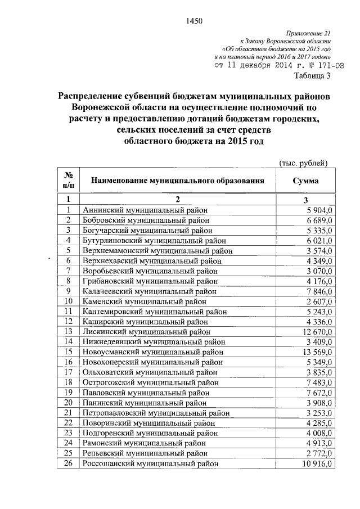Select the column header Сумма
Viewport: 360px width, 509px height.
(305, 181)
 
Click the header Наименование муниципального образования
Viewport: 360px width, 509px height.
(178, 181)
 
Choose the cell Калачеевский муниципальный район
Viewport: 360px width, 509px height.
(149, 291)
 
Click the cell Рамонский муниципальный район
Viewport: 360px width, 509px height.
(143, 443)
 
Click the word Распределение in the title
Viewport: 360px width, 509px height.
(99, 96)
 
